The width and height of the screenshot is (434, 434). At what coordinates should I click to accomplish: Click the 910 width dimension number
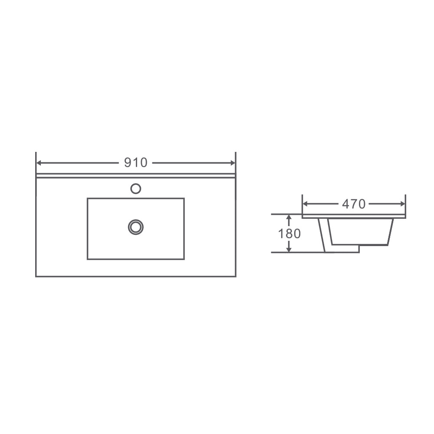(136, 163)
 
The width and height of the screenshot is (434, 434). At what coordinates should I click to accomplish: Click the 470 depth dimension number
(354, 204)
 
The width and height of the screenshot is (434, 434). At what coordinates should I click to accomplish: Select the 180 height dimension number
(289, 233)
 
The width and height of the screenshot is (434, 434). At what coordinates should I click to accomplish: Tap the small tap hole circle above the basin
(136, 188)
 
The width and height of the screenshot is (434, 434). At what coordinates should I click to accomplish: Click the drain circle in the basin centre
(136, 227)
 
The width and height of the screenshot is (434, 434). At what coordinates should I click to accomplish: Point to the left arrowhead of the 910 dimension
(38, 163)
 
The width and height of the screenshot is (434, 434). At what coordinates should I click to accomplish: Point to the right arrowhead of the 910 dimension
(233, 163)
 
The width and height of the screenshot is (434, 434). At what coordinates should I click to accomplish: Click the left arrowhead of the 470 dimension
(305, 204)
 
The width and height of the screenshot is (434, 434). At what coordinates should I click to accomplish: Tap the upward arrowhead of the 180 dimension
(288, 217)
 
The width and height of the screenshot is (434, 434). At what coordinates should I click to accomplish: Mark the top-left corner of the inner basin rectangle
(88, 198)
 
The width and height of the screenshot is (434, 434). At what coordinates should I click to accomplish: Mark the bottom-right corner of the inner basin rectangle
(184, 259)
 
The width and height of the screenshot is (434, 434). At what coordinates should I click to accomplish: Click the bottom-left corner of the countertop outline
(36, 276)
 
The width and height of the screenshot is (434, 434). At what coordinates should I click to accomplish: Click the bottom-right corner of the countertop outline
(236, 276)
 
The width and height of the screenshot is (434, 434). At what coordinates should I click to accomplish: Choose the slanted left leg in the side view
(323, 234)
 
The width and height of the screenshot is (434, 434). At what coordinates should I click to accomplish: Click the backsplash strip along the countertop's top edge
(136, 176)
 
